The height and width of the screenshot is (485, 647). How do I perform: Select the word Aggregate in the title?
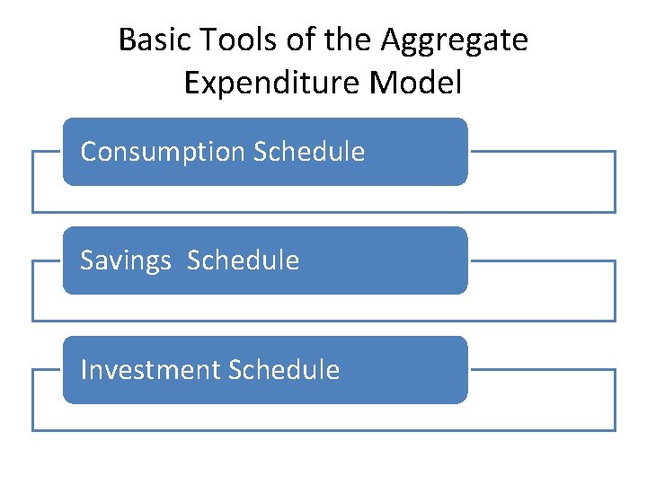pyautogui.click(x=455, y=41)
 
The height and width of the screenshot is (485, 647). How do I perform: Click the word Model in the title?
pyautogui.click(x=416, y=83)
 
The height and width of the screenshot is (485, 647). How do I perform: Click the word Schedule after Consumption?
pyautogui.click(x=309, y=152)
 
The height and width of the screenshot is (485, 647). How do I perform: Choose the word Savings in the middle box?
pyautogui.click(x=126, y=261)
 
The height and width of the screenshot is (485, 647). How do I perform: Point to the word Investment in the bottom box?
pyautogui.click(x=150, y=370)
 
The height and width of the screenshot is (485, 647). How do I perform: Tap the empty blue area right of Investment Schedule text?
pyautogui.click(x=404, y=370)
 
